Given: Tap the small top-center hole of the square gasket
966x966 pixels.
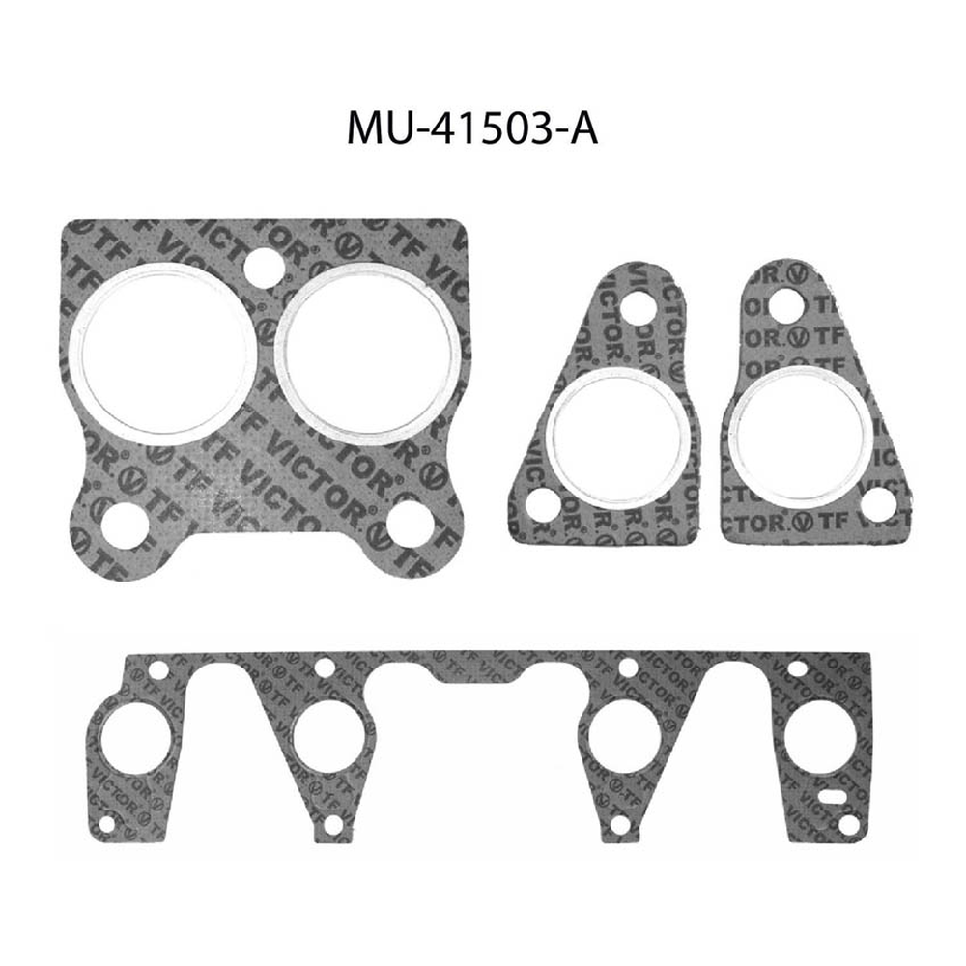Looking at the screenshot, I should pos(262,266).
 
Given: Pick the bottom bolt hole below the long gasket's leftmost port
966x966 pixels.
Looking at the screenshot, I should pos(106,824).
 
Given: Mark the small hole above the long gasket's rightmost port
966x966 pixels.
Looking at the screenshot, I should pos(798,668).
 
